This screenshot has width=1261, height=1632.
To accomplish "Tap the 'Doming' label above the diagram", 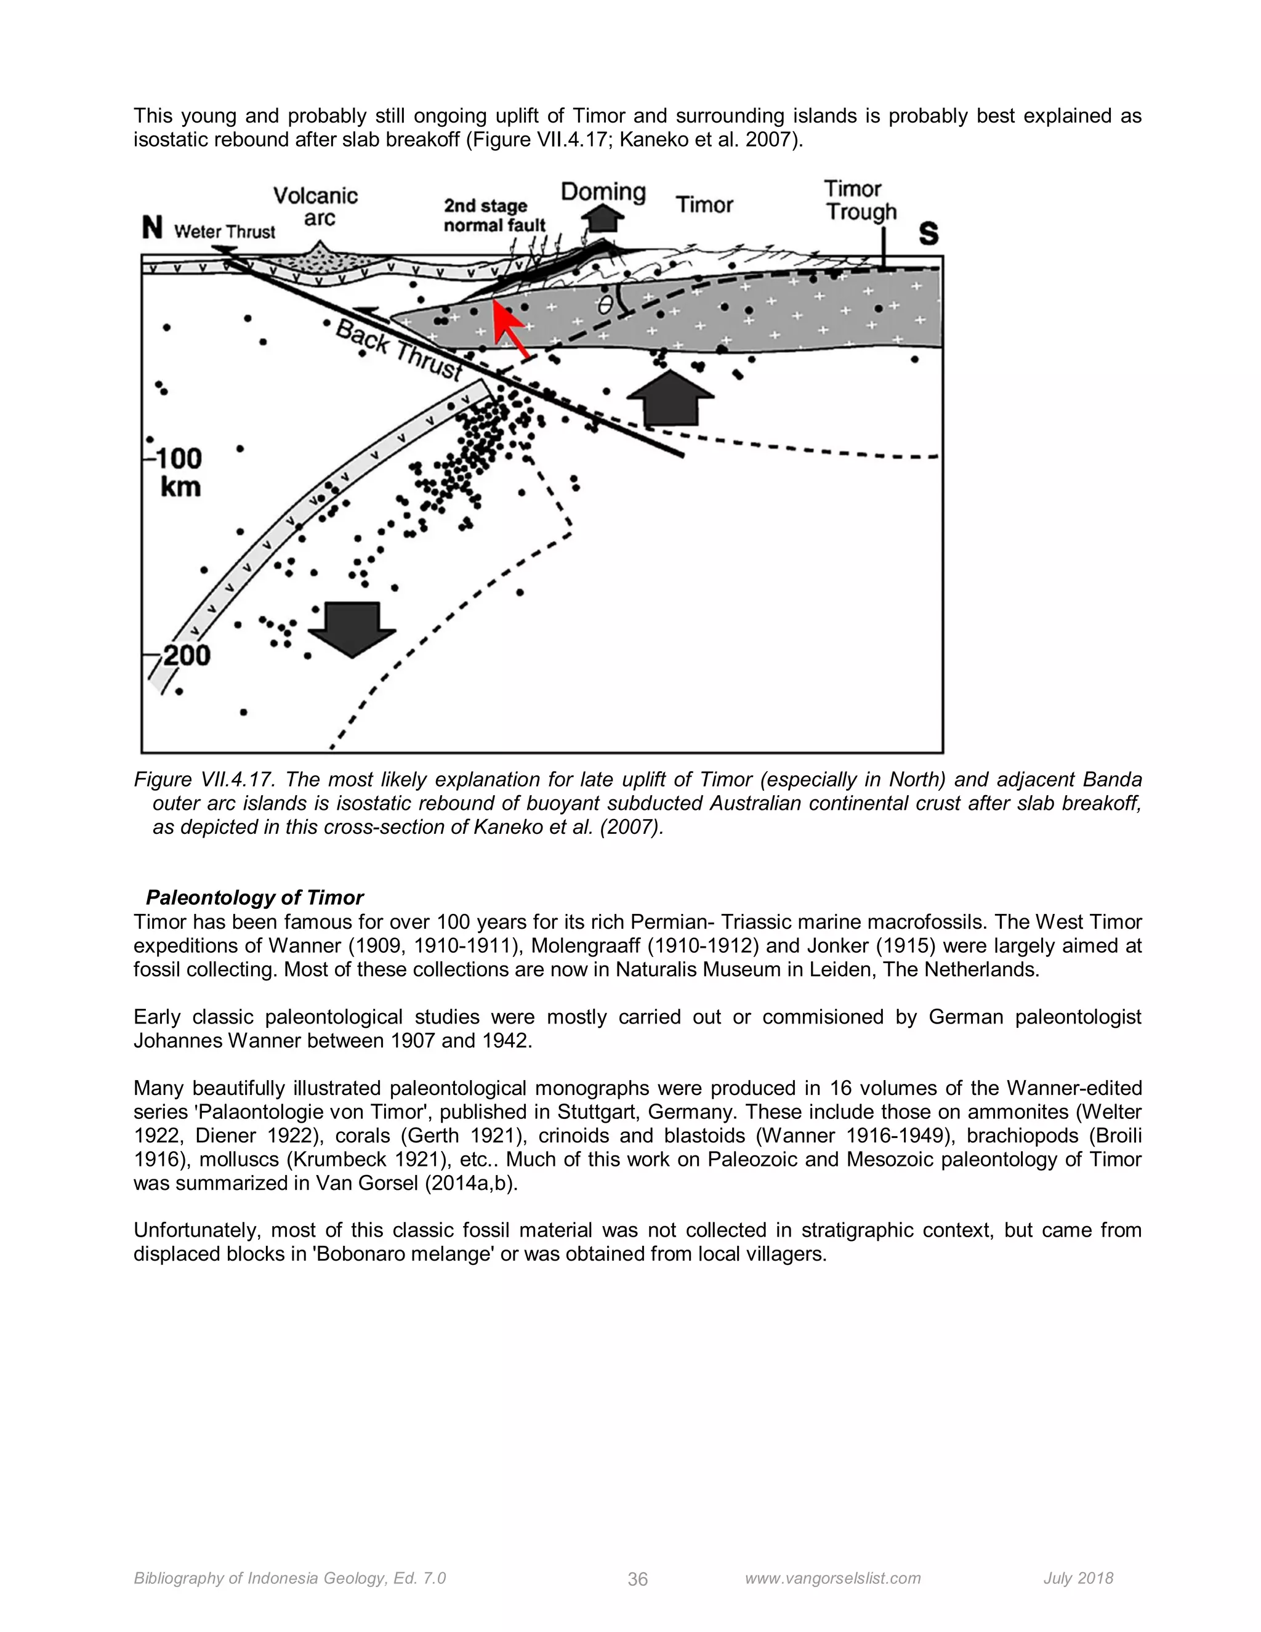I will [x=603, y=192].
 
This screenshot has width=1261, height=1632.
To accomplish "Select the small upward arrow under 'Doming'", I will [x=602, y=219].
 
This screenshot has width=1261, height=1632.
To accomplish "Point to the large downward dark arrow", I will [x=352, y=628].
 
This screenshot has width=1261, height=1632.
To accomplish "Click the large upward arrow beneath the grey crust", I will [x=670, y=400].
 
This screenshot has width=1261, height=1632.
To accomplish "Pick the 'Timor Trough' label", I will [x=861, y=200].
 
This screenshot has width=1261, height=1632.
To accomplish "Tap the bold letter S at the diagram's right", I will [x=928, y=234].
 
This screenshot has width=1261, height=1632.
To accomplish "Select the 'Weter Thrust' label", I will [x=224, y=232].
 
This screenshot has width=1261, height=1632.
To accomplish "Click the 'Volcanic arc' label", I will [x=315, y=207].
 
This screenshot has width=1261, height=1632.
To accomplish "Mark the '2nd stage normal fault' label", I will [x=494, y=215].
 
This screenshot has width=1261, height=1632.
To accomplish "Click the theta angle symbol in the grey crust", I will [x=605, y=305].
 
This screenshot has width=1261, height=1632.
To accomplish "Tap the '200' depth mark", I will [x=186, y=655].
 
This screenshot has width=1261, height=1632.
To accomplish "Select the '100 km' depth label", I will [x=180, y=472].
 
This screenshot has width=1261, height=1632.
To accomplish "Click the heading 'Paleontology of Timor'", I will [x=254, y=897].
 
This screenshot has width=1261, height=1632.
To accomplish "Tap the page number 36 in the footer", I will [x=637, y=1578].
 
